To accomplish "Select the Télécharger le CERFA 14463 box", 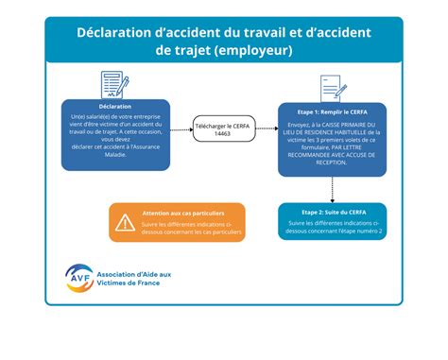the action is pyautogui.click(x=224, y=129).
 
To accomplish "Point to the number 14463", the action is pyautogui.click(x=224, y=135).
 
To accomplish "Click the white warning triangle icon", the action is pyautogui.click(x=125, y=223).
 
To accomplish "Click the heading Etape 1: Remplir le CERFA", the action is pyautogui.click(x=332, y=111).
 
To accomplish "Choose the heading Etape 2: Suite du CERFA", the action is pyautogui.click(x=332, y=213).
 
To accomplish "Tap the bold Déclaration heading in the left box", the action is pyautogui.click(x=114, y=106).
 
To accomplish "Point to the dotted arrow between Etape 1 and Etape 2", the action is pyautogui.click(x=332, y=187).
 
